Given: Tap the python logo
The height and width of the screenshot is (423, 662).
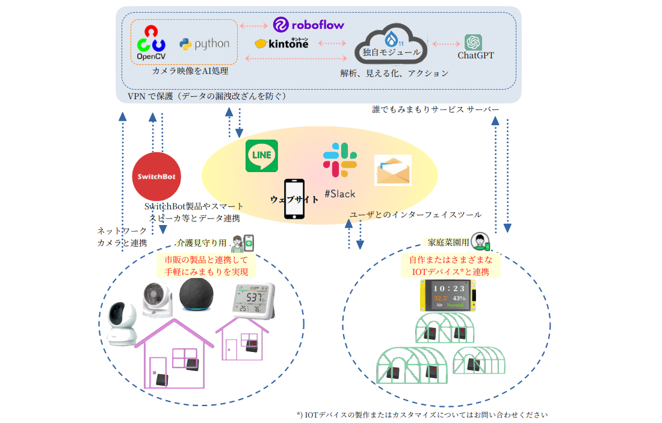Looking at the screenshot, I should (x=205, y=44).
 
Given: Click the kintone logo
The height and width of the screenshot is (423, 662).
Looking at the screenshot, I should (x=282, y=43).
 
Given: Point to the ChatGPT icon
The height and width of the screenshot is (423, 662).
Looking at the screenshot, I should (x=473, y=42).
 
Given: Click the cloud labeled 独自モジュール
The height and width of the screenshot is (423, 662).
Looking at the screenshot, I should (x=391, y=48).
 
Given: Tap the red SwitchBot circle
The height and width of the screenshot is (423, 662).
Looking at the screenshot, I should (x=156, y=176).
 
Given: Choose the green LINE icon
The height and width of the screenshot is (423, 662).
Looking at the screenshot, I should (x=262, y=156).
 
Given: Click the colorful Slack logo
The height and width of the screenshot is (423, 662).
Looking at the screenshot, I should (x=340, y=161).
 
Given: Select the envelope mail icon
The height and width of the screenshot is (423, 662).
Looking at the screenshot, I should (x=392, y=170).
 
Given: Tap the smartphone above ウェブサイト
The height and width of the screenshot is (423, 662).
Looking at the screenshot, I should (x=294, y=199).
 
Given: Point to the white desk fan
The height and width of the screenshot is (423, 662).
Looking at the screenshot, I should (x=158, y=298).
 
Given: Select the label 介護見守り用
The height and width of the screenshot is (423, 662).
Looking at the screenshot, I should (x=201, y=244).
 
